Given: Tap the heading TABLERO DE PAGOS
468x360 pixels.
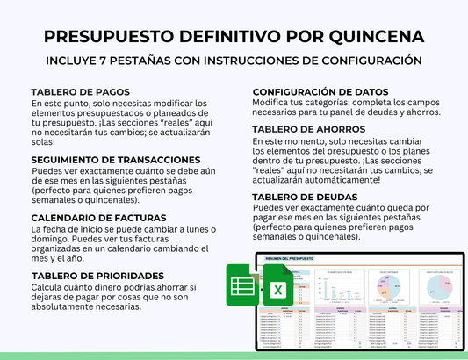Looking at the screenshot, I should point(80,91).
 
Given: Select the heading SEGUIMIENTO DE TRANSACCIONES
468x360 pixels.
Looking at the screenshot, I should point(115,160).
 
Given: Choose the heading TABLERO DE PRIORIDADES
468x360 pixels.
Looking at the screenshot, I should point(97,275).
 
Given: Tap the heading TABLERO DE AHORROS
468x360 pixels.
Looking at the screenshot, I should point(308,129).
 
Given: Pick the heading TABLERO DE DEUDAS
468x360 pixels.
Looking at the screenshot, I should point(304,197).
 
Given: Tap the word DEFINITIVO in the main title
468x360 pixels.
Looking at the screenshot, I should point(225,36).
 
